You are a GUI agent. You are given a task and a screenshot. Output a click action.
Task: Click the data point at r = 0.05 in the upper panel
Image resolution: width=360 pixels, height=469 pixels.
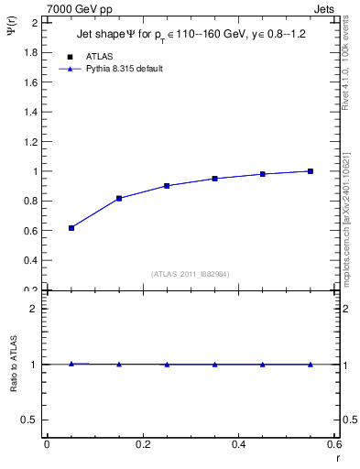tap(71, 227)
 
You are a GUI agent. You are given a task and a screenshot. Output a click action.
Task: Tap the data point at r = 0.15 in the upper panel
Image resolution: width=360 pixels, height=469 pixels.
tap(119, 198)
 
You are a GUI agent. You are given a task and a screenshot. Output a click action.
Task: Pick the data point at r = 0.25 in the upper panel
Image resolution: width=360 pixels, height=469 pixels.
tap(167, 185)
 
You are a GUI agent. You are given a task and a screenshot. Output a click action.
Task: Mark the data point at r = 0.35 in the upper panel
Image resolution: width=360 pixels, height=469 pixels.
tap(214, 178)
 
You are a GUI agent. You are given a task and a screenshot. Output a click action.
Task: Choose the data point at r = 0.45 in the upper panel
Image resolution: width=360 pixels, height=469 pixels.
tap(262, 173)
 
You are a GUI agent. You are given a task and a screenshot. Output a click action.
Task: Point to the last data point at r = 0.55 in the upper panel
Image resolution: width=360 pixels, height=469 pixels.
tap(311, 170)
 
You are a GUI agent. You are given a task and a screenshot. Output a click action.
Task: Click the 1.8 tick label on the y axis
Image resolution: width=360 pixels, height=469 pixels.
tap(29, 52)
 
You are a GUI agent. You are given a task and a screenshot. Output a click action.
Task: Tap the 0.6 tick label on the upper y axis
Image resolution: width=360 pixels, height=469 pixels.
tap(29, 230)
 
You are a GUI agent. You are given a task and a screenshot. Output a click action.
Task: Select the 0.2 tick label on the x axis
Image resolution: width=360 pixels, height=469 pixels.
tap(143, 444)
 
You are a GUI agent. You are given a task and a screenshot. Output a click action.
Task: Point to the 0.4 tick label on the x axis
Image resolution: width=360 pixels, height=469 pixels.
tap(238, 444)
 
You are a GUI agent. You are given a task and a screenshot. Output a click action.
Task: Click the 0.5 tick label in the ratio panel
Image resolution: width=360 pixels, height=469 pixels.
tap(29, 420)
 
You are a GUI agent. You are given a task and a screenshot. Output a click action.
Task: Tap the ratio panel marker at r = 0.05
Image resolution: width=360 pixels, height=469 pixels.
tap(71, 364)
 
